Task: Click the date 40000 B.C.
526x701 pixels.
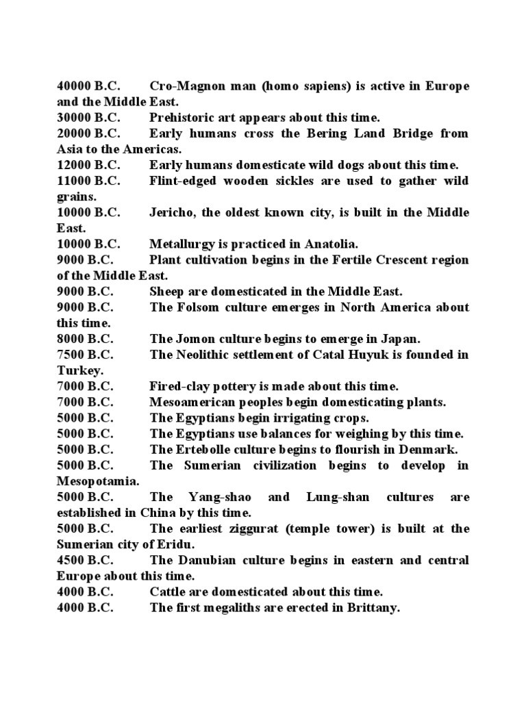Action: point(88,86)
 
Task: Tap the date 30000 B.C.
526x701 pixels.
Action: point(88,118)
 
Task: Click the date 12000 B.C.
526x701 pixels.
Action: point(88,165)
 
